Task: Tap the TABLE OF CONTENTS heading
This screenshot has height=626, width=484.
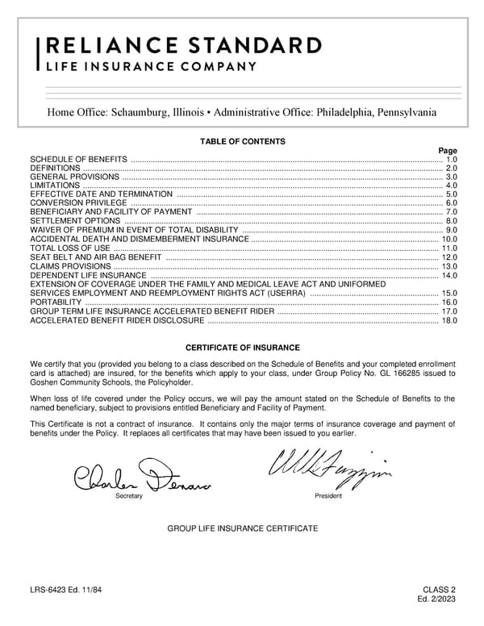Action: [x=242, y=142]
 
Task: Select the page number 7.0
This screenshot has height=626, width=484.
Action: [x=451, y=212]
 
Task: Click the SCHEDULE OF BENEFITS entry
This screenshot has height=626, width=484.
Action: [x=78, y=160]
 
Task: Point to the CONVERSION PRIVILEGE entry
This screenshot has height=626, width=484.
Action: [x=78, y=203]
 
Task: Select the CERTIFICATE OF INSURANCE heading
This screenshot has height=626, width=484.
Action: [x=242, y=348]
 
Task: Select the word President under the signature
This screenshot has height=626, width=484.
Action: [x=328, y=496]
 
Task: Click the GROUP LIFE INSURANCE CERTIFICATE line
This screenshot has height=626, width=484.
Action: [x=242, y=528]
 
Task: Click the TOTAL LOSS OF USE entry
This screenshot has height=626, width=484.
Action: [x=70, y=248]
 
